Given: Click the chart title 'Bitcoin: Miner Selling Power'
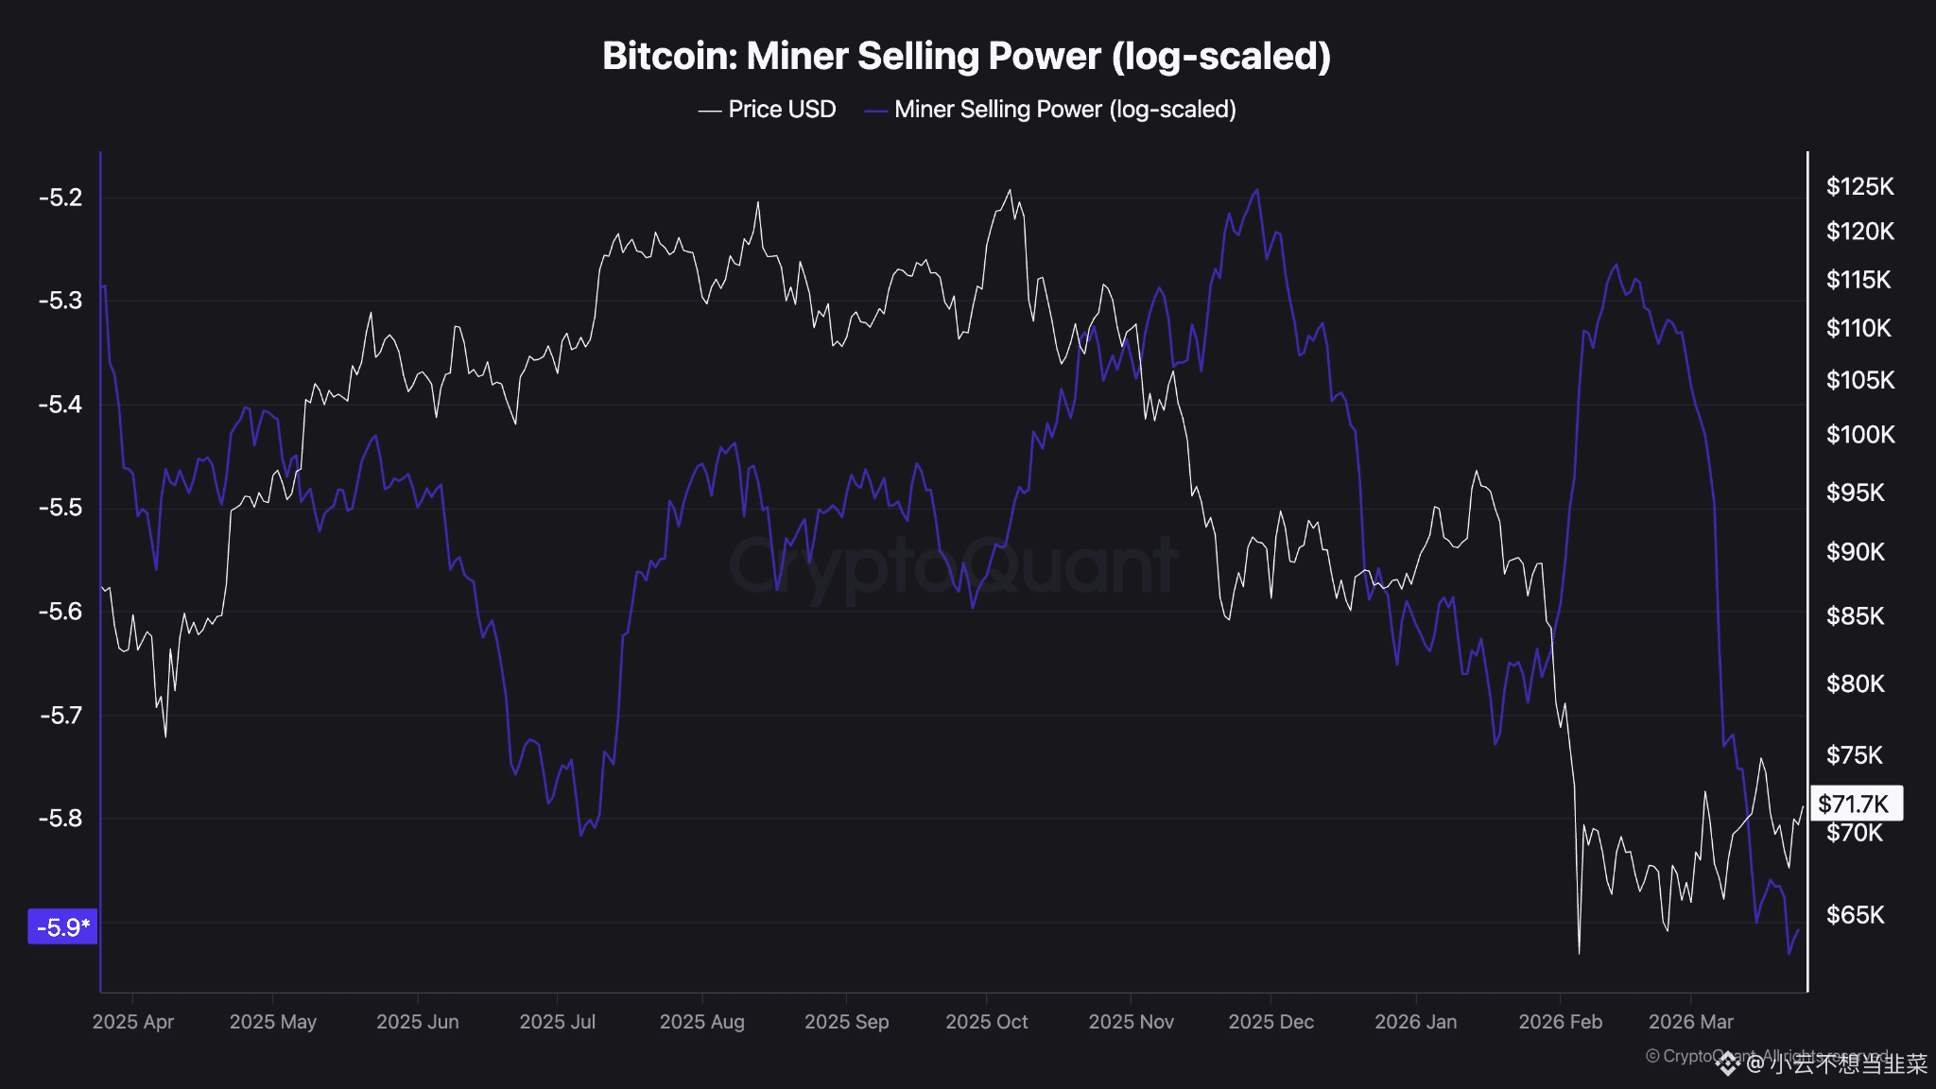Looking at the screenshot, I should click(x=966, y=56).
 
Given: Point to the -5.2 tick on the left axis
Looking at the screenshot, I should click(x=60, y=198).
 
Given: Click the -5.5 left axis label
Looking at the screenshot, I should click(x=60, y=508).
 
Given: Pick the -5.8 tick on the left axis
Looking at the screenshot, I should click(x=60, y=818).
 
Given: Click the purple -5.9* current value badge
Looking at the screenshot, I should click(x=62, y=926).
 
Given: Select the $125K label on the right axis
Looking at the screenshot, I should click(x=1859, y=186).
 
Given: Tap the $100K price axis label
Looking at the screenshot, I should click(x=1859, y=435).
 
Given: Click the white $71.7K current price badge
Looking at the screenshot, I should click(x=1854, y=804).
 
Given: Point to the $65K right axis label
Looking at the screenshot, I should click(x=1855, y=915).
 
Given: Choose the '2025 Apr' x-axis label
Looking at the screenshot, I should click(x=133, y=1022).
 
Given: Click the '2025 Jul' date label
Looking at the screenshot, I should click(x=558, y=1022).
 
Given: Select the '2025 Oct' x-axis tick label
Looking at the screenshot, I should click(x=986, y=1022).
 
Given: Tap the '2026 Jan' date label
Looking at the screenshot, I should click(x=1415, y=1022).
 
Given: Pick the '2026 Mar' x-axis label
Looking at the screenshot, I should click(x=1690, y=1022).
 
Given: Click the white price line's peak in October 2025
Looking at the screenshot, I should click(x=1010, y=190).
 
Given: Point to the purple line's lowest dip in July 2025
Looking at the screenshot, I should click(x=580, y=835).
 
